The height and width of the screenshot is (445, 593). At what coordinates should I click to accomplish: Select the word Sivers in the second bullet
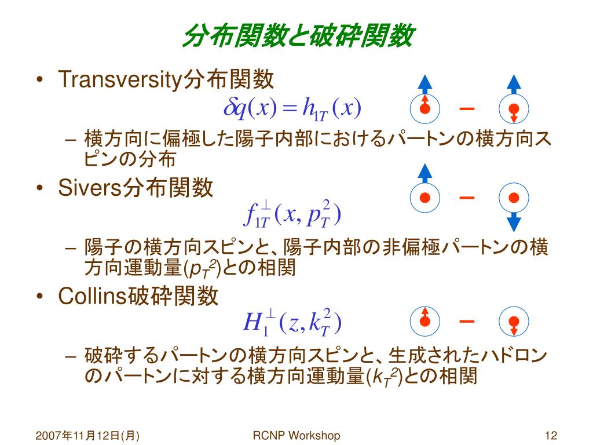pos(89,188)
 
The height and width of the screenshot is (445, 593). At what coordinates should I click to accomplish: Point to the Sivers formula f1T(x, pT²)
pos(292,214)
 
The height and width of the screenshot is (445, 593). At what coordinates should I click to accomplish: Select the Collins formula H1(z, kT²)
pos(293,323)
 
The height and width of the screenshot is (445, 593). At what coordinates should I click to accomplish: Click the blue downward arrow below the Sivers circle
pos(514,222)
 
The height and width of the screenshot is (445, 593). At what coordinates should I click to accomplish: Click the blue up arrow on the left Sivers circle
pos(425,173)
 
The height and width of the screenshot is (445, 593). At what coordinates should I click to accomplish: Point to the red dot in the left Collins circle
pos(425,320)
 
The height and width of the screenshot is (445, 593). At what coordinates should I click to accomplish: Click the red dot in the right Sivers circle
pos(514,198)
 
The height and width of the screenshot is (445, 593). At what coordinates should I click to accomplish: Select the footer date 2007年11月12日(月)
pos(89,436)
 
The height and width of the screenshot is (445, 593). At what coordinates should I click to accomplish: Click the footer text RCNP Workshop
pos(296,436)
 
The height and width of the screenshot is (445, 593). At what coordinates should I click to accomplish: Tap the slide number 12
pos(551,436)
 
